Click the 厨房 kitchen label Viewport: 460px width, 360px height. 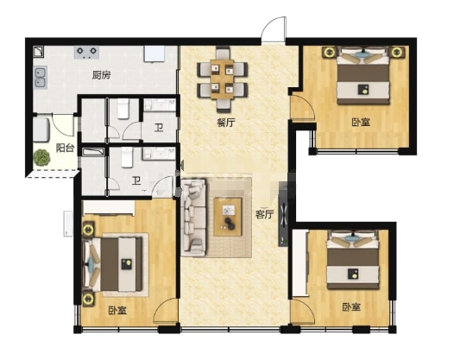(102, 75)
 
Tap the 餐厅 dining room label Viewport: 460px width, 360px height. (226, 122)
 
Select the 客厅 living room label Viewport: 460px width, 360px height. (264, 214)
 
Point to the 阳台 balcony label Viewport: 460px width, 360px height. (65, 148)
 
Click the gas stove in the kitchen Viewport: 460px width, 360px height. (86, 52)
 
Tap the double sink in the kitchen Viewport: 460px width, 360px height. (41, 78)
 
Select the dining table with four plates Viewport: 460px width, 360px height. (223, 79)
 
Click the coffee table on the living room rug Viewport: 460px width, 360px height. (228, 217)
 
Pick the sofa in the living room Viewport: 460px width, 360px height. (193, 218)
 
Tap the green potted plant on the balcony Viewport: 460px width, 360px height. (41, 158)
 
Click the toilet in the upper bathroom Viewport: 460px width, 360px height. (123, 109)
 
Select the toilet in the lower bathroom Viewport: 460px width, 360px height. (127, 157)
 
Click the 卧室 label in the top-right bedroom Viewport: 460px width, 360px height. (361, 122)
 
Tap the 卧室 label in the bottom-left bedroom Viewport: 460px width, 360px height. (117, 310)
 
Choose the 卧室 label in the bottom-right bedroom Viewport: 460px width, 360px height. (351, 307)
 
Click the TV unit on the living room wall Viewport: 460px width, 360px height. (283, 214)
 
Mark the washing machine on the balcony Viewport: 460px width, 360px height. (41, 129)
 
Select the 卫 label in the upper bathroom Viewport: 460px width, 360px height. (159, 128)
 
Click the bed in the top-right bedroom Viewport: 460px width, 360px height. (363, 77)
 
